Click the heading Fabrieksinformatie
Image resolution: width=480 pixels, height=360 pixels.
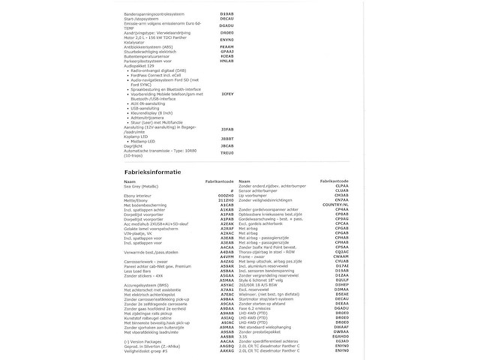152,172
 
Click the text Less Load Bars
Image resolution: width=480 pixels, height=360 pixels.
138,293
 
